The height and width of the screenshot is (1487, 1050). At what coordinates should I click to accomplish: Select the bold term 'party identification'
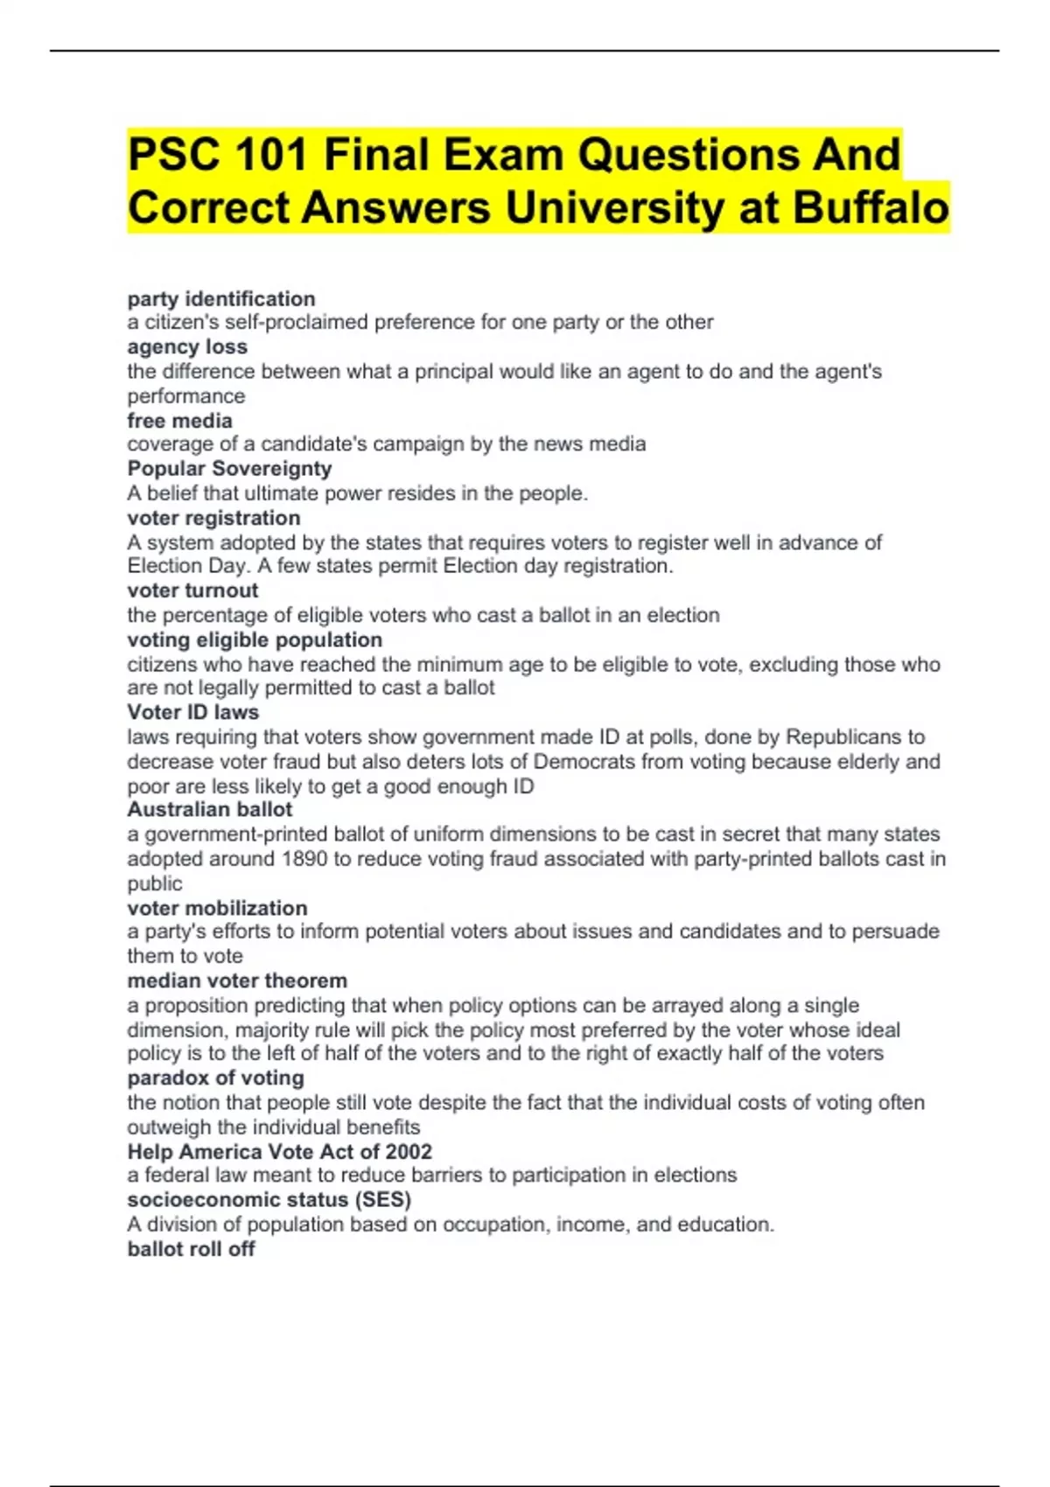220,298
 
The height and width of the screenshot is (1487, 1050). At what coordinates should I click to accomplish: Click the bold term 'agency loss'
187,346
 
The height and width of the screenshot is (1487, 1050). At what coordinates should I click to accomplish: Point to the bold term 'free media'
179,420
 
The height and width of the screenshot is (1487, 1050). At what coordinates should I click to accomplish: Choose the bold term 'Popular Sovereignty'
229,469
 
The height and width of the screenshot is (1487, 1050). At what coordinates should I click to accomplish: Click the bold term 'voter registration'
213,518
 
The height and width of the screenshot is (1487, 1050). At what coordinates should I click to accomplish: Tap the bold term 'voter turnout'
192,590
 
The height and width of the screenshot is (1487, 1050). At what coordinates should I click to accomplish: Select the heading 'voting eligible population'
255,639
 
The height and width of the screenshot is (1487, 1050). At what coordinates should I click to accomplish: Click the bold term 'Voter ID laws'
192,712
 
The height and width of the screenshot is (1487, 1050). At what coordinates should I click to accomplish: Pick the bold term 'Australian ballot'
210,809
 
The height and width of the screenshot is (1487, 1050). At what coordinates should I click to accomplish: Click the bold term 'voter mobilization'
217,908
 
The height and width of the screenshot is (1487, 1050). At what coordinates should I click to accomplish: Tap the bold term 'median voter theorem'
237,981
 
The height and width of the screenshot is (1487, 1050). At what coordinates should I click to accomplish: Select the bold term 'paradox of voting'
215,1078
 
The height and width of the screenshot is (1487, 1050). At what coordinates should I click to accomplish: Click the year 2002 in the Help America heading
409,1151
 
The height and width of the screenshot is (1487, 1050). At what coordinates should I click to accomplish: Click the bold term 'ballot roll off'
191,1249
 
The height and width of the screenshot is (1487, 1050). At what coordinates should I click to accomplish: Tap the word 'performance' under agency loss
185,395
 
